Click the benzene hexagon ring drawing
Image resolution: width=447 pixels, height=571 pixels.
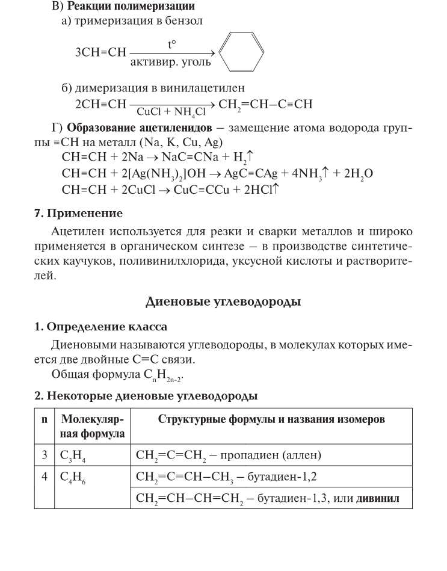[x=241, y=53]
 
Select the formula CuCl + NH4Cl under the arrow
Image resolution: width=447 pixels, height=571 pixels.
[x=171, y=111]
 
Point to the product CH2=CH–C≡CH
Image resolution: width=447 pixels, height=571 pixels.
[x=265, y=103]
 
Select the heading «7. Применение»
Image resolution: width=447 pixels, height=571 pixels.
[x=78, y=214]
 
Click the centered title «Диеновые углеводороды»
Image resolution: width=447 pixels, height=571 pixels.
[x=224, y=301]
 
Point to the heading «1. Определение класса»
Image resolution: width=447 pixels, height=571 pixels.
[x=100, y=327]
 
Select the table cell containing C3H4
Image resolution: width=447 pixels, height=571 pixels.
[x=91, y=455]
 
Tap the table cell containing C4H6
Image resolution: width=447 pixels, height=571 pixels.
[x=91, y=477]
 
